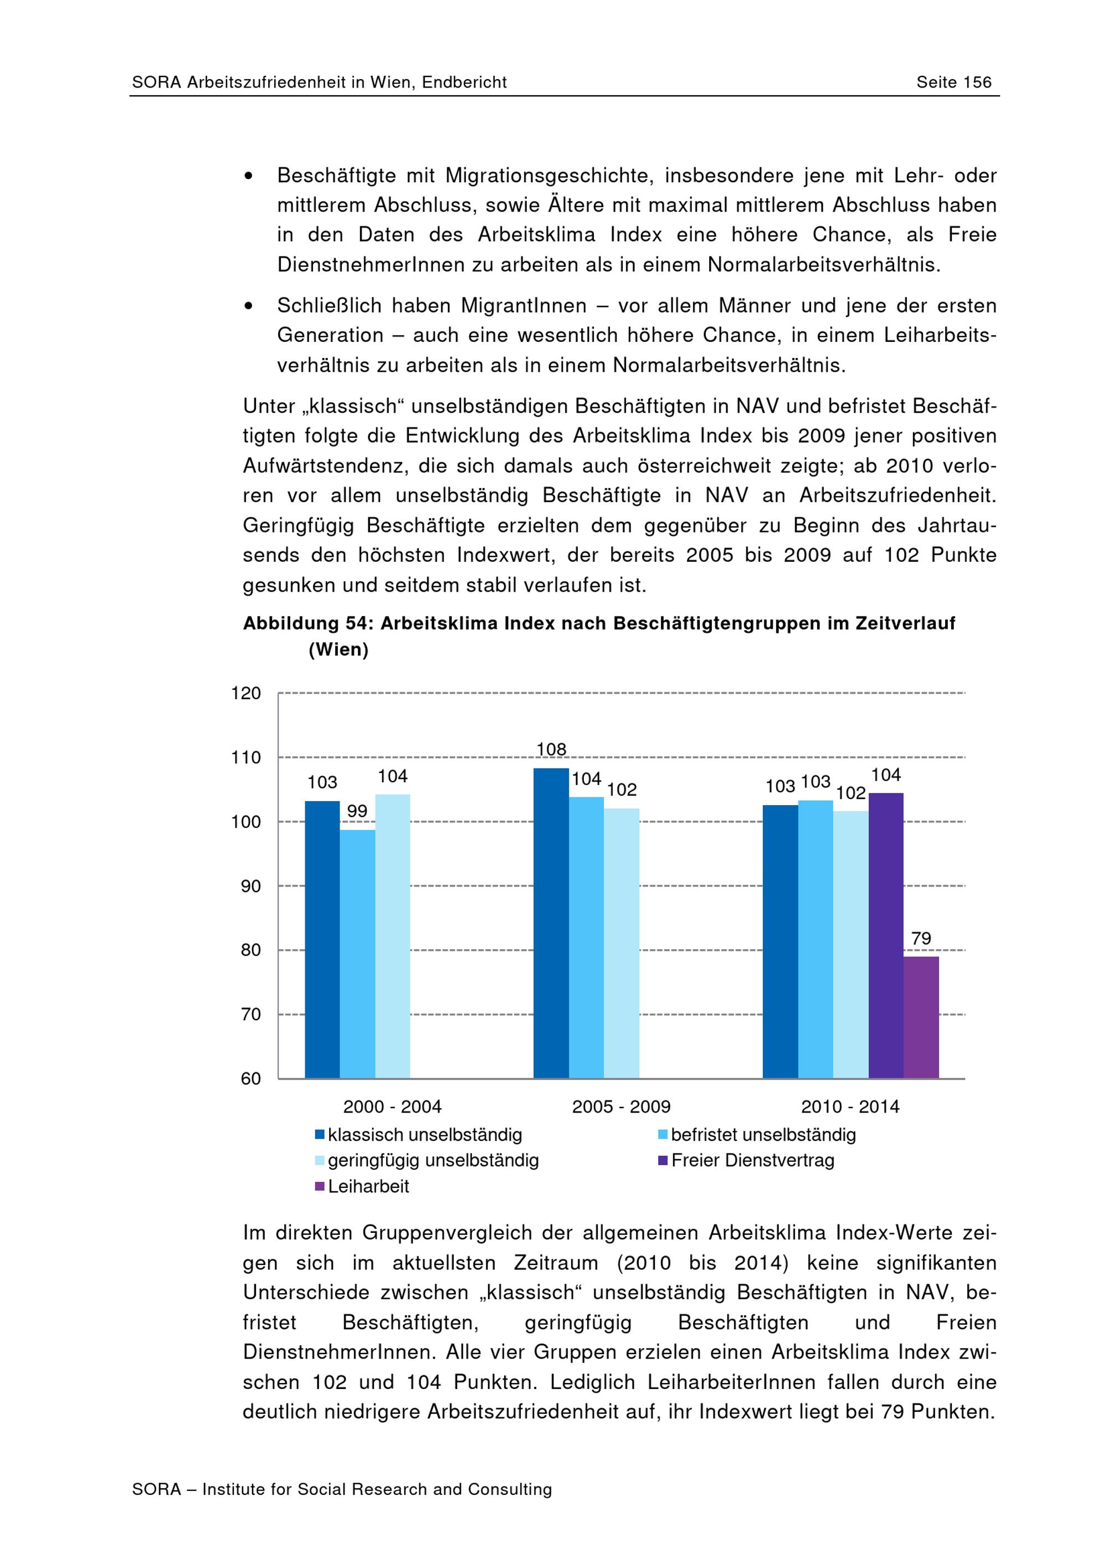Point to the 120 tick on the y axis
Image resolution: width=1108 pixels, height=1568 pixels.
[x=246, y=693]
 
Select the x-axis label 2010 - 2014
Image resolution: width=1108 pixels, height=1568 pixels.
[x=850, y=1106]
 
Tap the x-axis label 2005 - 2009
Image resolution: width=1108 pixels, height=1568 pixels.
[x=621, y=1106]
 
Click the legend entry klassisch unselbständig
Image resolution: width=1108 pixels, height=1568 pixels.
[x=424, y=1135]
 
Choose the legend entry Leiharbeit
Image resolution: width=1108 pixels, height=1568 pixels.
[x=368, y=1186]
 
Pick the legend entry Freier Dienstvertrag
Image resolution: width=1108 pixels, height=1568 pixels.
[x=752, y=1160]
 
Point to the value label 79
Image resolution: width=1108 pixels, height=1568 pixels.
[x=921, y=939]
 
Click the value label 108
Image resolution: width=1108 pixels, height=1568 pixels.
[x=551, y=749]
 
